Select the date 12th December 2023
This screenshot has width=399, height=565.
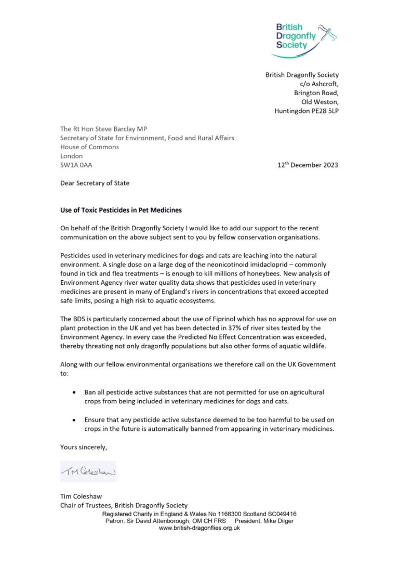click(x=308, y=165)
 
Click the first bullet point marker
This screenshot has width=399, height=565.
click(x=75, y=392)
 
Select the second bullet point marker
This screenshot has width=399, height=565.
click(x=75, y=419)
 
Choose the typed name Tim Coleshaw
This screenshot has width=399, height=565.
click(x=81, y=496)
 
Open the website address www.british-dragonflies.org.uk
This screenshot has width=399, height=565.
click(x=199, y=528)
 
